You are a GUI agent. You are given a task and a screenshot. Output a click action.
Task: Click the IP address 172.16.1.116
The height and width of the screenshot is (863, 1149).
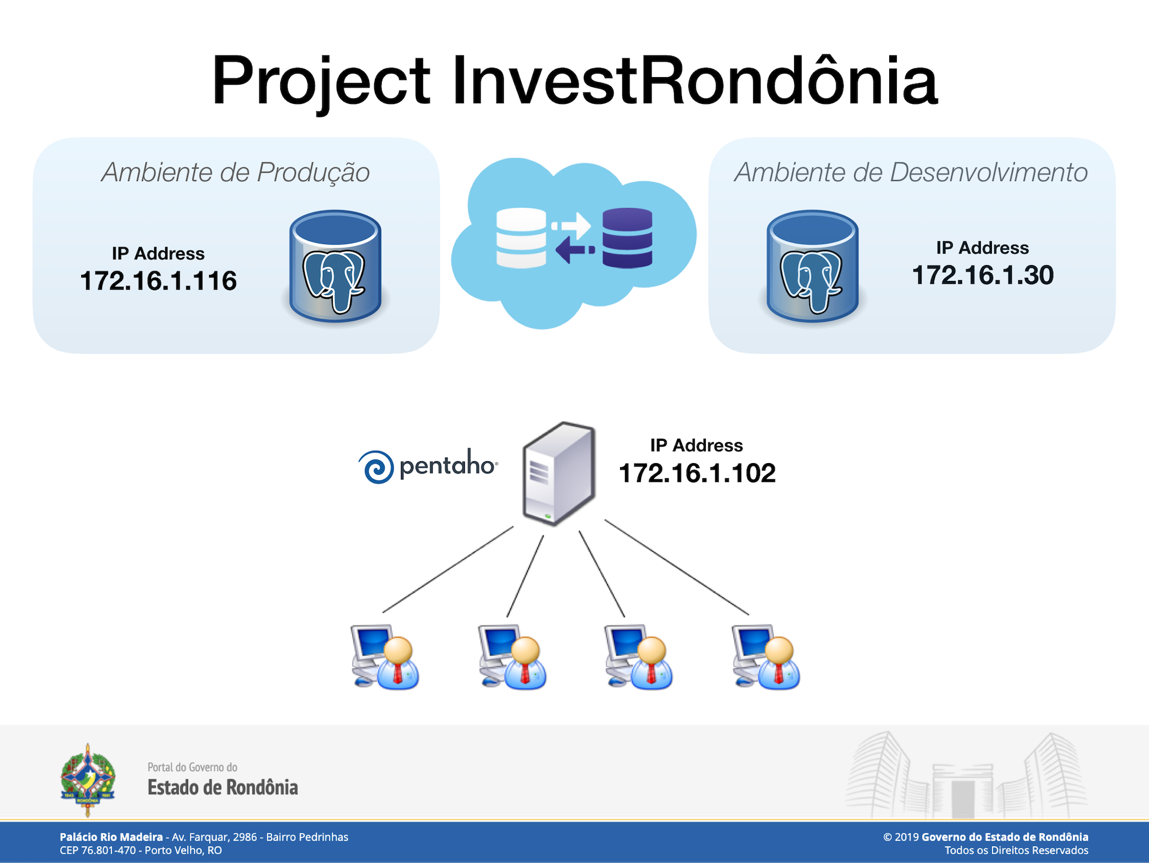coord(158,281)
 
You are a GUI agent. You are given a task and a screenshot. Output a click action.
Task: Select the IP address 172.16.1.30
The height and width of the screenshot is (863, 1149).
coord(983,275)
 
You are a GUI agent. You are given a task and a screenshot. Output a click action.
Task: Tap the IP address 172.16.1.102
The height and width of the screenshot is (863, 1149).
coord(697,473)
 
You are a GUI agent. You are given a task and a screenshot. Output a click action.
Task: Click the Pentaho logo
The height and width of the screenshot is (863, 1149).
coord(428,466)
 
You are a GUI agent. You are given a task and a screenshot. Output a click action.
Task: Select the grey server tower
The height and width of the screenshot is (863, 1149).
coord(559,474)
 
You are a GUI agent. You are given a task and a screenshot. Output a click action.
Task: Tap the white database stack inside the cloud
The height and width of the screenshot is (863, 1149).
coord(521,238)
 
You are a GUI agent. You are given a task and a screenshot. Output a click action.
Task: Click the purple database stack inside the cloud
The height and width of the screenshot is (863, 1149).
coord(628,238)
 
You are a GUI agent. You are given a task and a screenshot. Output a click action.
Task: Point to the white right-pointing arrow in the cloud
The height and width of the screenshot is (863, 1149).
coord(571,225)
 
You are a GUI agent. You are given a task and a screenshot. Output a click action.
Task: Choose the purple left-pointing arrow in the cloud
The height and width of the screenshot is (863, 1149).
coord(575,250)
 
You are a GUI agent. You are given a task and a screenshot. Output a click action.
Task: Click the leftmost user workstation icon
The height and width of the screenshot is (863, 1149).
coord(385,657)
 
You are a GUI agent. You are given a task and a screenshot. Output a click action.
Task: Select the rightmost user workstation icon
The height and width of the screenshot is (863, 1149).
coord(766,657)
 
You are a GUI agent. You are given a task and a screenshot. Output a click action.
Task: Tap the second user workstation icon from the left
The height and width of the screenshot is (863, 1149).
coord(512,657)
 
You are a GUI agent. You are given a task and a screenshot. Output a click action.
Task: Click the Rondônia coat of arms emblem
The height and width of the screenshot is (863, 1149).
coord(88,780)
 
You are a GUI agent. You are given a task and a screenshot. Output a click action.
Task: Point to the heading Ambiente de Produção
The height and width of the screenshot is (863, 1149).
coord(235,172)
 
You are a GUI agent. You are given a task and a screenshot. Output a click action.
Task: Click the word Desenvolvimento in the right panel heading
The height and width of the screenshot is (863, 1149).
coord(988,172)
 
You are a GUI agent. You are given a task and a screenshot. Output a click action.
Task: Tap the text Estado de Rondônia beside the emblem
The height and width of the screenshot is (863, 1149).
coord(222,787)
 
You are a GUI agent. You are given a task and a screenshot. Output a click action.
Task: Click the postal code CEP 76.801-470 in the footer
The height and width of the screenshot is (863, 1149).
coord(98,850)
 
